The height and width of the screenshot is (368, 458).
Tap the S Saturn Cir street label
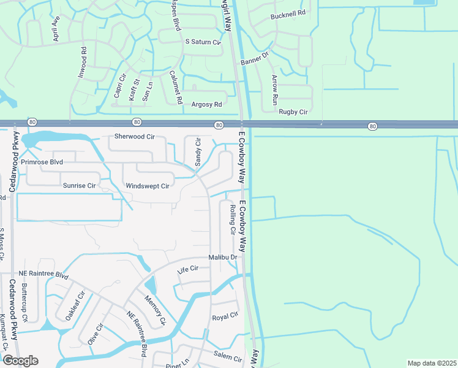click(202, 42)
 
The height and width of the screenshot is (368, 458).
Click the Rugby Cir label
click(293, 112)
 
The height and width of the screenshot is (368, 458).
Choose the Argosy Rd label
click(205, 105)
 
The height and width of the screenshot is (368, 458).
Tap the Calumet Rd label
click(175, 86)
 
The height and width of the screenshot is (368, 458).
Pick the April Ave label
click(56, 28)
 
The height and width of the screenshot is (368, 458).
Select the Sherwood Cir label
click(134, 137)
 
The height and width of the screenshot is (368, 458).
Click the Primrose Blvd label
click(42, 163)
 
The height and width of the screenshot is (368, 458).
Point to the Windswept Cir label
click(147, 186)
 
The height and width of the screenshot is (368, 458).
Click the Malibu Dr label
click(222, 257)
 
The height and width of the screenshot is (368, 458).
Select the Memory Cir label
click(155, 310)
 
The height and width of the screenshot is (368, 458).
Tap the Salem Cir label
click(228, 356)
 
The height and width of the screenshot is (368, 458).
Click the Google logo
click(20, 361)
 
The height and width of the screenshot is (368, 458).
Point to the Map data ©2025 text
click(431, 363)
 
